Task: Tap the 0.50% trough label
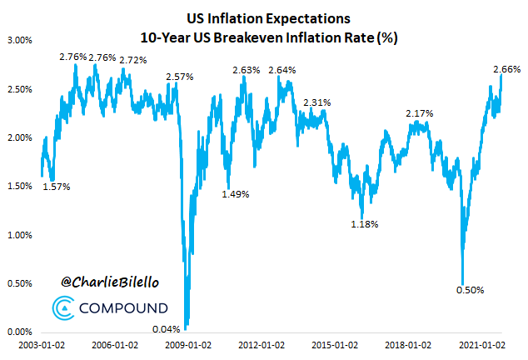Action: tap(471, 290)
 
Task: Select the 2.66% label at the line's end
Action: tap(507, 69)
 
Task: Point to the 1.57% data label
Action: tap(57, 187)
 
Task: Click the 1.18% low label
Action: tap(365, 224)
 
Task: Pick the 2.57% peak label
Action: tap(180, 77)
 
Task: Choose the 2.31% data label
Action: tap(317, 102)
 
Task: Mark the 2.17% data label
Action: tap(420, 112)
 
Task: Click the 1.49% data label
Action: tap(237, 194)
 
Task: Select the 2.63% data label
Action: tap(247, 70)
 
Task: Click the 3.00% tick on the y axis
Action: tap(19, 40)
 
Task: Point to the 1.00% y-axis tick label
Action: tap(19, 235)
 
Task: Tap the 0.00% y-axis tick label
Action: tap(19, 332)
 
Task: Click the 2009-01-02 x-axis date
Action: tap(187, 344)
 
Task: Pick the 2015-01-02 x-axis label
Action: tap(336, 344)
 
